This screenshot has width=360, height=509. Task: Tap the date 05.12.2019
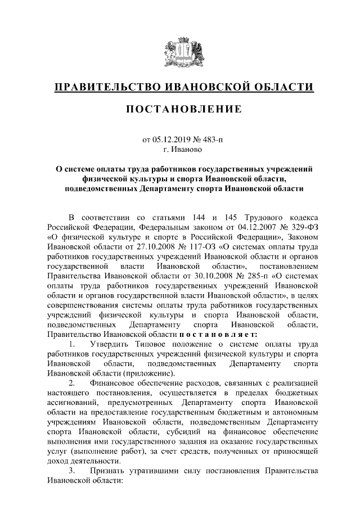[x=171, y=139]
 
